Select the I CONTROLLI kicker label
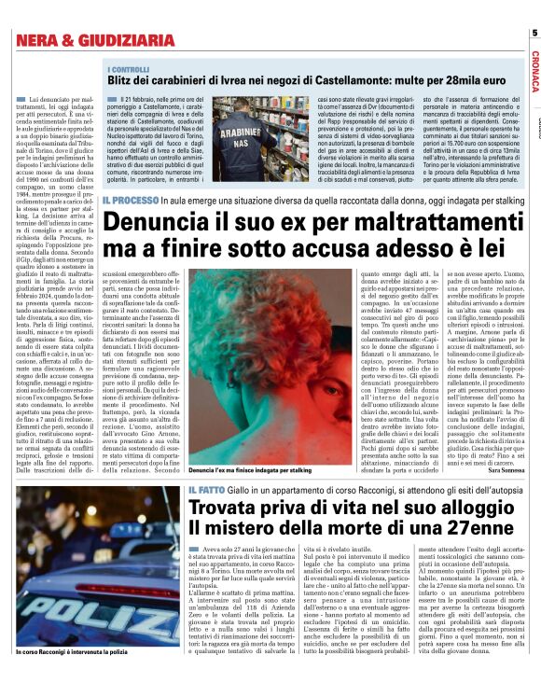[129, 69]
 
